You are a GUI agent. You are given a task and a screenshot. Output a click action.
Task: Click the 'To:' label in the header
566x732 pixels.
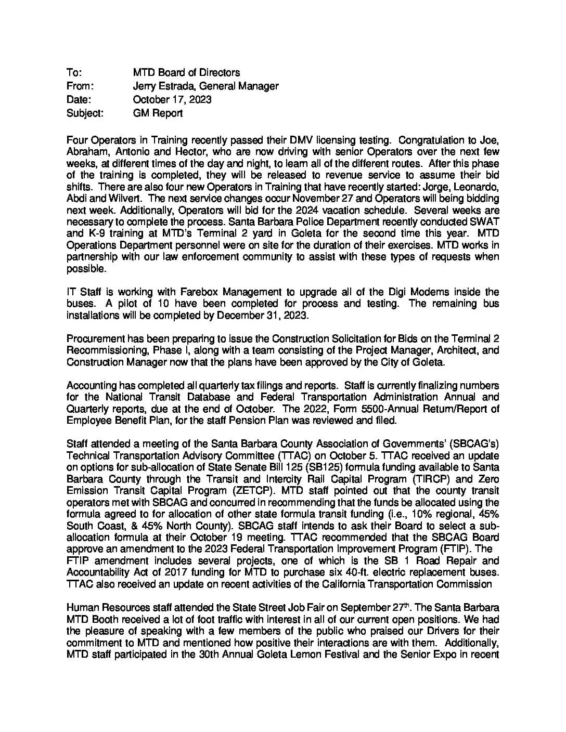click(74, 72)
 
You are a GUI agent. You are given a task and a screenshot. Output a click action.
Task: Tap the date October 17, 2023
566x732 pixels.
click(172, 99)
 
